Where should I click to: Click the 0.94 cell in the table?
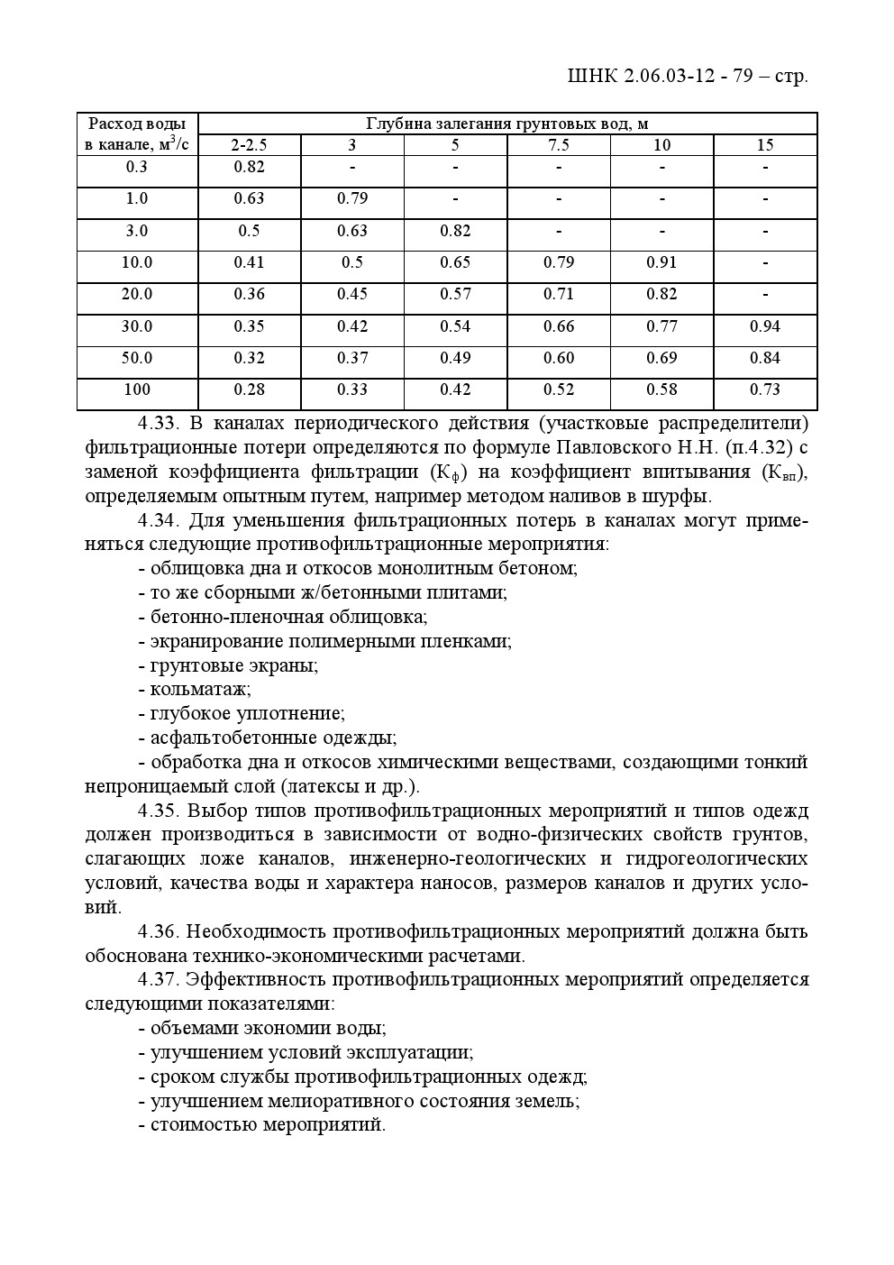pos(764,326)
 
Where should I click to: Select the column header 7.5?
pos(558,145)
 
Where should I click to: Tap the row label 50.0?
pos(137,358)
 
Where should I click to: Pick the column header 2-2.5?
pos(249,145)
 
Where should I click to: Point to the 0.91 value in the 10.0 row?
pos(661,262)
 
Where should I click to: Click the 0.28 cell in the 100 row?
pos(249,390)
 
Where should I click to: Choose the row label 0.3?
pos(137,167)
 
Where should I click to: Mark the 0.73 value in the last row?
pos(764,390)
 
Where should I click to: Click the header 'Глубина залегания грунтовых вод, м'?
pos(506,124)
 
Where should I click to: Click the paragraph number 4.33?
pos(160,424)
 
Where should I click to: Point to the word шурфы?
pos(682,497)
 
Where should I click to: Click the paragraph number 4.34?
pos(160,521)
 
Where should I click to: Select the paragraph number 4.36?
pos(160,931)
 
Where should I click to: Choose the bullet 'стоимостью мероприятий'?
pos(267,1125)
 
